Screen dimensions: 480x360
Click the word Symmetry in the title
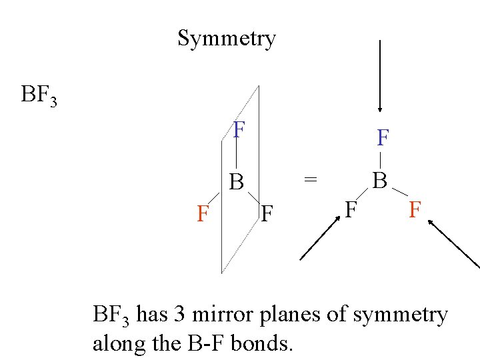pyautogui.click(x=227, y=39)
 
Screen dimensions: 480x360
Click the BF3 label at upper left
pyautogui.click(x=39, y=95)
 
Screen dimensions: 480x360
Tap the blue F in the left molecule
pyautogui.click(x=239, y=130)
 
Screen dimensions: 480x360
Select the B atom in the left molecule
pyautogui.click(x=237, y=181)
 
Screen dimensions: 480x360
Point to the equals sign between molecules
pyautogui.click(x=311, y=179)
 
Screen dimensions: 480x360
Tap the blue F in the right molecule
pyautogui.click(x=383, y=139)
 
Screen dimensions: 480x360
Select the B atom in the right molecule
pyautogui.click(x=379, y=181)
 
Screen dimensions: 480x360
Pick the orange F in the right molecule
pyautogui.click(x=414, y=211)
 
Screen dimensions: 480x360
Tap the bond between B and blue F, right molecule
pyautogui.click(x=380, y=160)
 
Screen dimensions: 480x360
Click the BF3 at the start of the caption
pyautogui.click(x=111, y=315)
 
